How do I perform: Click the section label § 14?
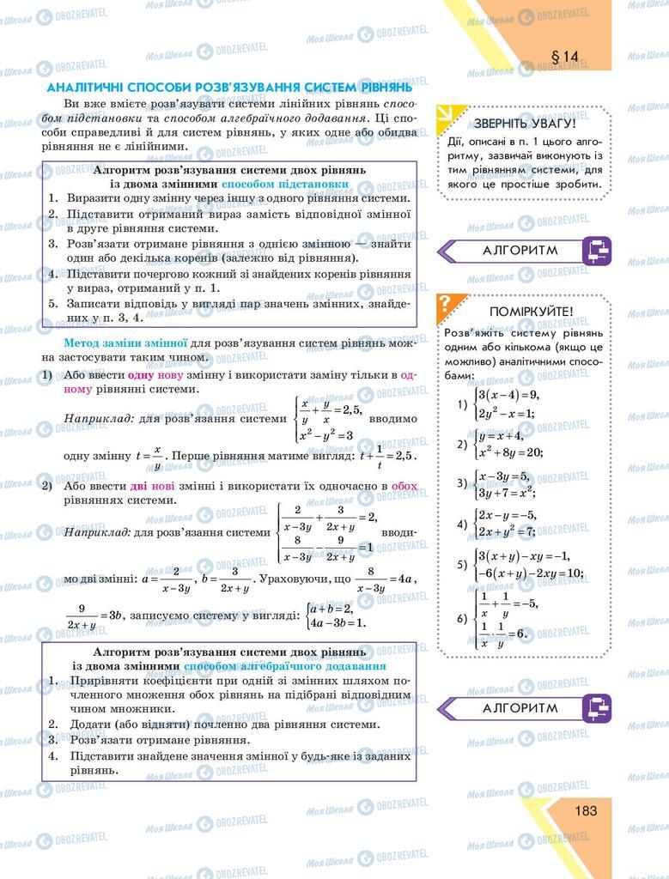565,57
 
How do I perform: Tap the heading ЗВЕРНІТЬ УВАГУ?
525,123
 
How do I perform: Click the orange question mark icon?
445,302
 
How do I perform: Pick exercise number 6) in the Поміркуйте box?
461,618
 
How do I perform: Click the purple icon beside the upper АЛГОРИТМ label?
595,251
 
